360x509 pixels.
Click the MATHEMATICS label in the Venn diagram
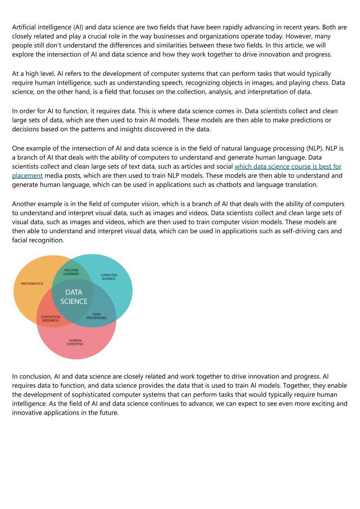click(x=32, y=283)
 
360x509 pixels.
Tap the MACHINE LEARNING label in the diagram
click(x=71, y=272)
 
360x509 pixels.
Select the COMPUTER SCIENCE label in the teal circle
click(x=109, y=277)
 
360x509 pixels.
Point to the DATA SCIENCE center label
click(x=74, y=297)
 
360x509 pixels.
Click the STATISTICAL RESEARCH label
click(x=51, y=319)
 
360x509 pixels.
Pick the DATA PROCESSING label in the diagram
click(x=96, y=316)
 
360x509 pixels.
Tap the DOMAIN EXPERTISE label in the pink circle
click(x=75, y=342)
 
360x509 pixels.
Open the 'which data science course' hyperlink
click(x=288, y=167)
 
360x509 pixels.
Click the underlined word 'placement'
click(x=27, y=176)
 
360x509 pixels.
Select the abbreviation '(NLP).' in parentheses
click(x=315, y=148)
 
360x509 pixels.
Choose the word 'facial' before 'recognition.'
click(x=20, y=240)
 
